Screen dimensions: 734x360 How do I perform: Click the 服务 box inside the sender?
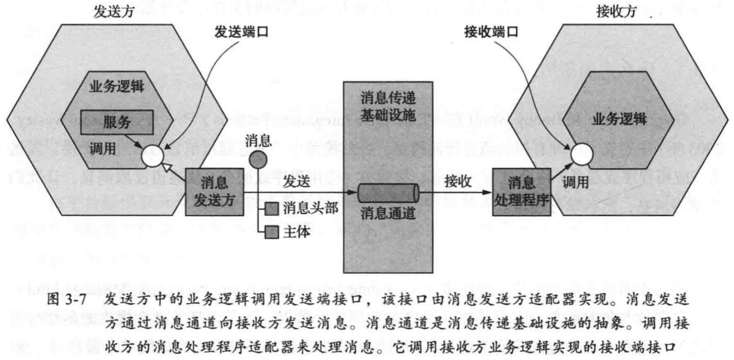click(x=116, y=122)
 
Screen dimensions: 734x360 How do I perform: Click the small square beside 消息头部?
click(x=272, y=209)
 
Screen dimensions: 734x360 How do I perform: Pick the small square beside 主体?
click(x=272, y=232)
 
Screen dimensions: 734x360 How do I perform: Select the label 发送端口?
click(x=242, y=32)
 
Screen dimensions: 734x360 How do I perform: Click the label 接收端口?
click(x=490, y=32)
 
